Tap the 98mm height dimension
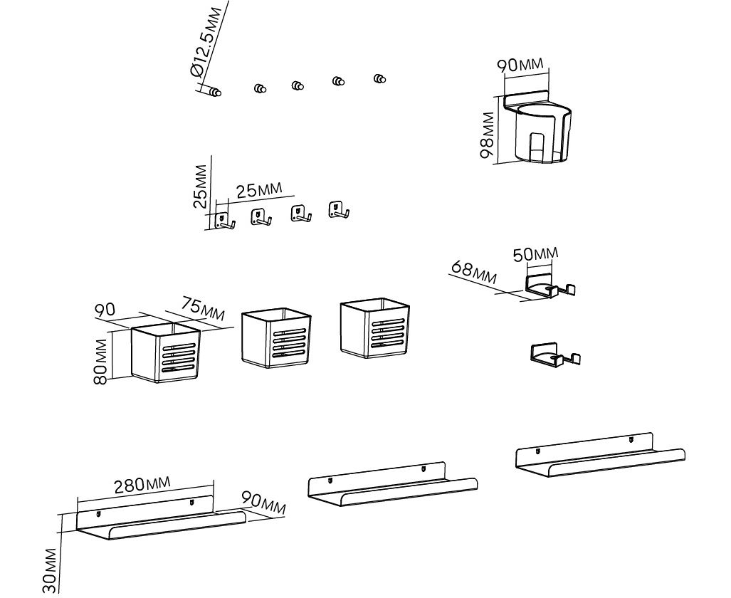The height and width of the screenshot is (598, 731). [488, 135]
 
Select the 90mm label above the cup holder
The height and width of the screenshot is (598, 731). [520, 65]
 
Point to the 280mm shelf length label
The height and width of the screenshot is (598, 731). [142, 485]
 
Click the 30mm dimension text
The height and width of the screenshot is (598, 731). [50, 570]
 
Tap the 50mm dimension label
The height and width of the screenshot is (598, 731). [536, 253]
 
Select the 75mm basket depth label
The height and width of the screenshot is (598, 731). [202, 308]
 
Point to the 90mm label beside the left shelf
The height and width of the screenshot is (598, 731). [263, 503]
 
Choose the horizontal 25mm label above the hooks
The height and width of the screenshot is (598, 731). [259, 190]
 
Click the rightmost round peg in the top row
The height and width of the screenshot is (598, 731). [380, 78]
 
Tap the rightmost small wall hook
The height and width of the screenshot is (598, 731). [337, 210]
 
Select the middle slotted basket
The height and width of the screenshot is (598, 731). [275, 337]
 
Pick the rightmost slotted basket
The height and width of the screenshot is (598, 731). [374, 328]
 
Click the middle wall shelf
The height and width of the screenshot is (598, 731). [391, 486]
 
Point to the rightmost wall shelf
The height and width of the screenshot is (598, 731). [599, 456]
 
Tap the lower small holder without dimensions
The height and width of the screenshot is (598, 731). [555, 355]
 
